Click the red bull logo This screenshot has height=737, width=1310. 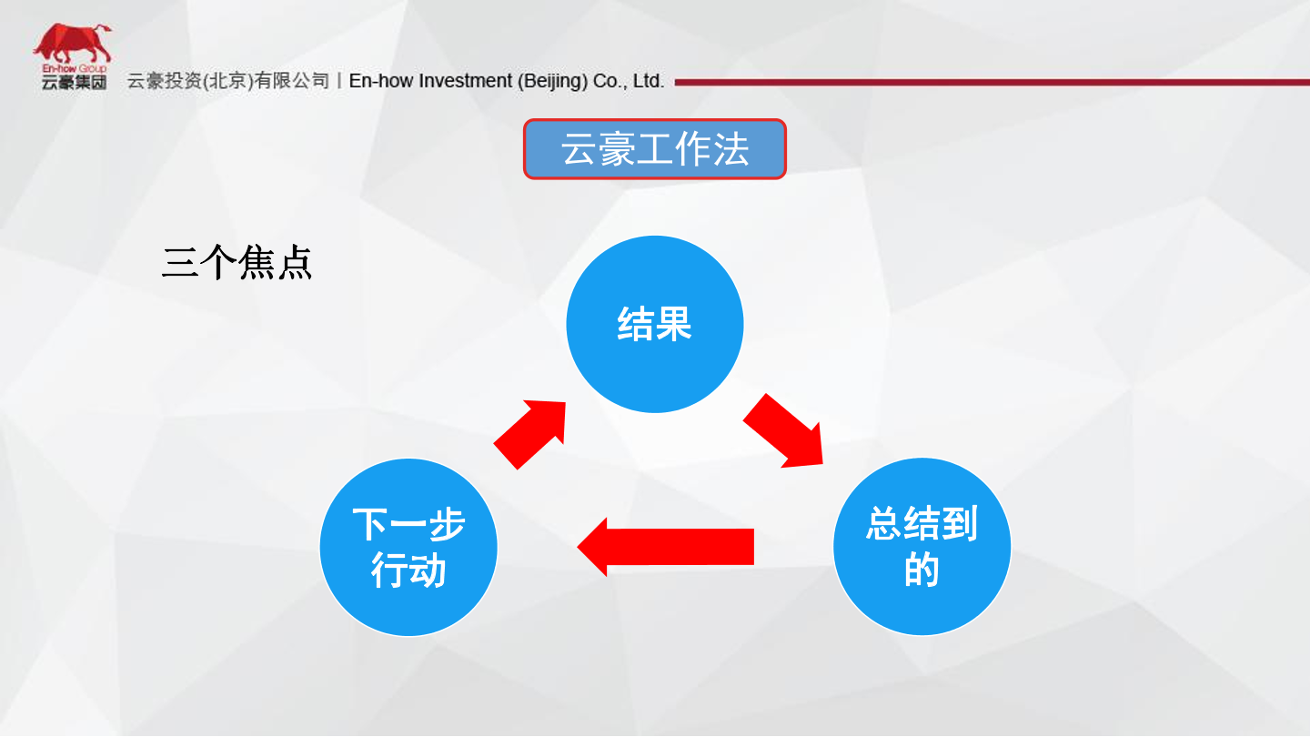click(73, 43)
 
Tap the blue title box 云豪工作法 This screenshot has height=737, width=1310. click(654, 149)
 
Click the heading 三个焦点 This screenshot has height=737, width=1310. click(237, 263)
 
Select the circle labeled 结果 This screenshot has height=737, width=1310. click(654, 324)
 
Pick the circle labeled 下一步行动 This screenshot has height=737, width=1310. click(408, 547)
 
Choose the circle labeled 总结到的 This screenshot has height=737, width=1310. click(922, 546)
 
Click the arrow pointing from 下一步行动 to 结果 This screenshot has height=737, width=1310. click(530, 434)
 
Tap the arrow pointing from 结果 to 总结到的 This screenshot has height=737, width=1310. click(783, 431)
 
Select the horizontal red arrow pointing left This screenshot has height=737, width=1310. click(666, 547)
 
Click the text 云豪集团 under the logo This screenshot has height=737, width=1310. click(75, 83)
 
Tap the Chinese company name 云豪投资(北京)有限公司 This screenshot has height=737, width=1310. click(228, 81)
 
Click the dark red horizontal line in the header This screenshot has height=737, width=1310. click(992, 83)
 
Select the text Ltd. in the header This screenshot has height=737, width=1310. click(649, 81)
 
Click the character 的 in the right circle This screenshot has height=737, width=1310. click(922, 570)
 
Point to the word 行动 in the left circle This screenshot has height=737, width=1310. click(408, 570)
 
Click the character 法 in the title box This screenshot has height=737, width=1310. click(731, 149)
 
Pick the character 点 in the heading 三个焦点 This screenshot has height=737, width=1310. click(295, 263)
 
